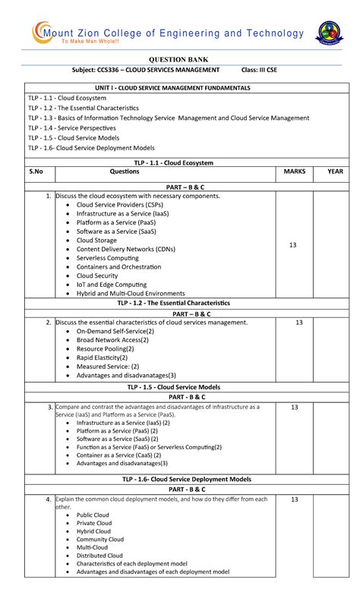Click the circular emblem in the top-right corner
tap(329, 33)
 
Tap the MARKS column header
tap(294, 172)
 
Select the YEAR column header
tap(335, 172)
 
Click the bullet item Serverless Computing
tap(107, 258)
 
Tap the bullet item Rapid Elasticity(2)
tap(103, 357)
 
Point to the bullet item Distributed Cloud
tap(99, 556)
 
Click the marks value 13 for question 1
tap(293, 245)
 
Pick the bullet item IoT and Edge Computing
tap(111, 285)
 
